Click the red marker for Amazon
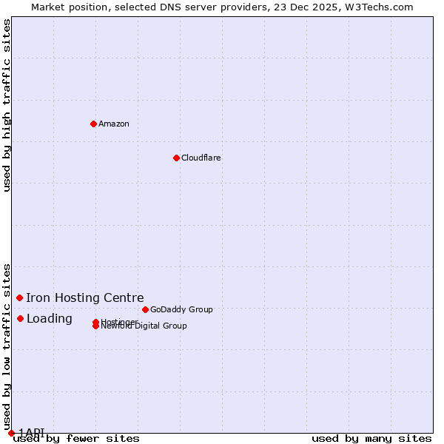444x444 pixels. click(x=93, y=124)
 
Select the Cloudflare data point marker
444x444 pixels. click(x=176, y=158)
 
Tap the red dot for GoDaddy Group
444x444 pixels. click(x=145, y=309)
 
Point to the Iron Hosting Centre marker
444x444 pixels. click(x=19, y=297)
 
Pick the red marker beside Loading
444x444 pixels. click(x=20, y=318)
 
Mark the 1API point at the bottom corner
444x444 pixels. click(x=11, y=433)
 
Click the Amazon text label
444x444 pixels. click(x=113, y=124)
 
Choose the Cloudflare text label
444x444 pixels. click(x=201, y=158)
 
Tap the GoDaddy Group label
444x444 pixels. click(x=181, y=309)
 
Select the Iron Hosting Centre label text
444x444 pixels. click(x=85, y=297)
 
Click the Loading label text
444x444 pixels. click(x=50, y=318)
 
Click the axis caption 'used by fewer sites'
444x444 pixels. click(x=76, y=438)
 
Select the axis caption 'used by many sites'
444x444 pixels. click(x=371, y=438)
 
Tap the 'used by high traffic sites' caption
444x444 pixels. click(x=7, y=105)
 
